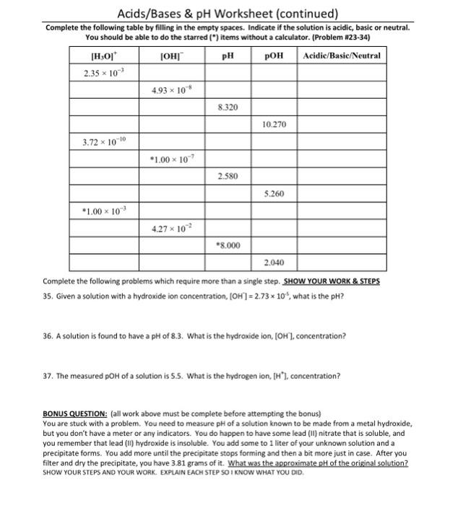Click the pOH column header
[x=274, y=56]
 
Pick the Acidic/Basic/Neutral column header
[x=342, y=56]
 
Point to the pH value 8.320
[x=228, y=107]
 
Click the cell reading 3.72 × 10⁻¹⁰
[x=103, y=141]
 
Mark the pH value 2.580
[x=228, y=176]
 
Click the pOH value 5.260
[x=274, y=193]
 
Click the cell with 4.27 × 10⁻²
[x=170, y=228]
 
